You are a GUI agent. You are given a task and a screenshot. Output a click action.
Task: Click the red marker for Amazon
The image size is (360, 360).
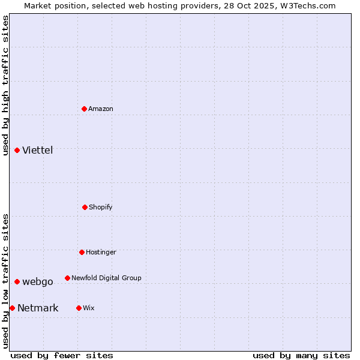pyautogui.click(x=85, y=109)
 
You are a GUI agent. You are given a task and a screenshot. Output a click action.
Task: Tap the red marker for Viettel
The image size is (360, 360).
pyautogui.click(x=17, y=150)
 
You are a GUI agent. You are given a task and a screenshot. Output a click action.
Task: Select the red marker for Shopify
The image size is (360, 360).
pyautogui.click(x=85, y=207)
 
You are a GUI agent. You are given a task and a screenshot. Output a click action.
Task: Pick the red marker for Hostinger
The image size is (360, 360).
pyautogui.click(x=82, y=252)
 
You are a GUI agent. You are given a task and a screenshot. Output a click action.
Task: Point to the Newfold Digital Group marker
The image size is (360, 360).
pyautogui.click(x=67, y=278)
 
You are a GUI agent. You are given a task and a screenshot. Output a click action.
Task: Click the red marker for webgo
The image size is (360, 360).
pyautogui.click(x=17, y=281)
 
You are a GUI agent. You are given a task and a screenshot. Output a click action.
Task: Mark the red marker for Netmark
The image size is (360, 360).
pyautogui.click(x=12, y=308)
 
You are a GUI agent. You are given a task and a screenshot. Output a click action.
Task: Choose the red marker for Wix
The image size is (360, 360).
pyautogui.click(x=79, y=308)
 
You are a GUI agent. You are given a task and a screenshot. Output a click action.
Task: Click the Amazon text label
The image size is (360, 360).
pyautogui.click(x=101, y=109)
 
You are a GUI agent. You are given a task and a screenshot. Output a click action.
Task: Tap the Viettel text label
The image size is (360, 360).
pyautogui.click(x=38, y=150)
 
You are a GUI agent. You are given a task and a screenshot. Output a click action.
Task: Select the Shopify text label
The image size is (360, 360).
pyautogui.click(x=101, y=207)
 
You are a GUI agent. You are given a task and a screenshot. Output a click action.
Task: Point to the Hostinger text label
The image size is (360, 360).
pyautogui.click(x=101, y=252)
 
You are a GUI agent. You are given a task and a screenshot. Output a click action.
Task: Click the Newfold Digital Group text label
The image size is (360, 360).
pyautogui.click(x=106, y=278)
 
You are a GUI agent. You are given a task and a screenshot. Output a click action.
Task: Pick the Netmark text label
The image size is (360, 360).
pyautogui.click(x=38, y=308)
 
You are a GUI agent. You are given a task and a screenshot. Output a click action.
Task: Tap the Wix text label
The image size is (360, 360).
pyautogui.click(x=89, y=308)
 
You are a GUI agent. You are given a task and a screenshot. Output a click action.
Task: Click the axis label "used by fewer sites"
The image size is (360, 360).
pyautogui.click(x=62, y=355)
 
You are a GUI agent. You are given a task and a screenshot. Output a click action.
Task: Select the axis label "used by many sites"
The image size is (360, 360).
pyautogui.click(x=301, y=355)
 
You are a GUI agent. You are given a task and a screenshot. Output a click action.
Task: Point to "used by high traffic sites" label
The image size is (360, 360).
pyautogui.click(x=5, y=85)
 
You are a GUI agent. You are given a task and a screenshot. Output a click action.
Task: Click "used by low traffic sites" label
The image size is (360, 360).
pyautogui.click(x=5, y=281)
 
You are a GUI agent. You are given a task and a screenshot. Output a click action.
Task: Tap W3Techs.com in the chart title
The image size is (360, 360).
pyautogui.click(x=306, y=5)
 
